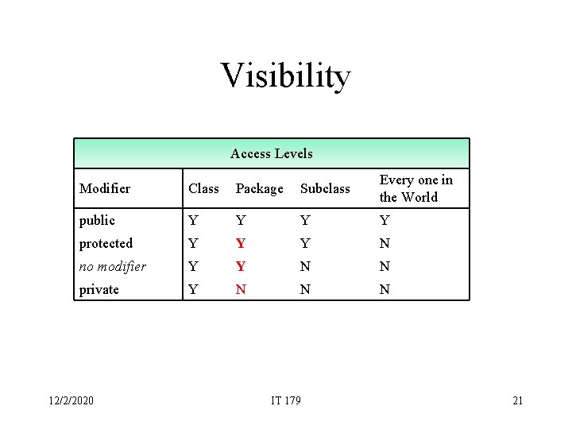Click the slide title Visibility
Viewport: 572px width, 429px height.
pyautogui.click(x=285, y=76)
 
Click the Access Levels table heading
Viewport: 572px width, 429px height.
pyautogui.click(x=272, y=153)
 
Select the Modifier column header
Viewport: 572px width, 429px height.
pyautogui.click(x=105, y=188)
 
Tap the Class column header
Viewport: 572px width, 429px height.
pyautogui.click(x=203, y=188)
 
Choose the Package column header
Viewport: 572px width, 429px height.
pyautogui.click(x=259, y=188)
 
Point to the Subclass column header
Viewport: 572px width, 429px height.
pyautogui.click(x=324, y=188)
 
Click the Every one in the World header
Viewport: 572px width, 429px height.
pyautogui.click(x=415, y=188)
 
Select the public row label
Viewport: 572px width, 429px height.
pyautogui.click(x=97, y=220)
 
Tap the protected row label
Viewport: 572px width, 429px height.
pyautogui.click(x=106, y=243)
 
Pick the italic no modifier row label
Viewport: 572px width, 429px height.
pyautogui.click(x=113, y=266)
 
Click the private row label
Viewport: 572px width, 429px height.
pyautogui.click(x=99, y=289)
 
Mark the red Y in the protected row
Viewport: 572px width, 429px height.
pyautogui.click(x=241, y=243)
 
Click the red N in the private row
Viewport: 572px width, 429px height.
pyautogui.click(x=241, y=289)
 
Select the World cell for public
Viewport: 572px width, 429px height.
pyautogui.click(x=385, y=220)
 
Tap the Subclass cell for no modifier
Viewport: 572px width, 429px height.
pyautogui.click(x=305, y=266)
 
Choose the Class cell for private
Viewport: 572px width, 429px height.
pyautogui.click(x=192, y=289)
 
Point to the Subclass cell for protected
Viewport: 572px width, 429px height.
pyautogui.click(x=305, y=243)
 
